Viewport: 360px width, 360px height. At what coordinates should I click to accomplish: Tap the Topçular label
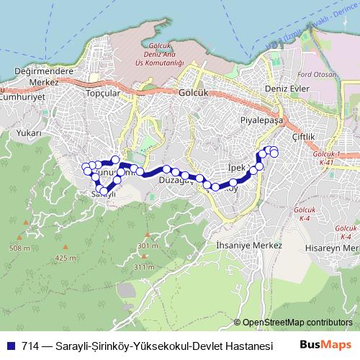tap(100, 94)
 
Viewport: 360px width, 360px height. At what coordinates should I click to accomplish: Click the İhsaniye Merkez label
tap(244, 246)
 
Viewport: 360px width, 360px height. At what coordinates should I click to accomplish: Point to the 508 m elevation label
tap(21, 248)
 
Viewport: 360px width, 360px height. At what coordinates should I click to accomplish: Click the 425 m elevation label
tap(65, 258)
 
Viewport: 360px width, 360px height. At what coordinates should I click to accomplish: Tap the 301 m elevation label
tap(147, 246)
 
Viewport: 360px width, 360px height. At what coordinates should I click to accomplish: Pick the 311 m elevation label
tap(144, 266)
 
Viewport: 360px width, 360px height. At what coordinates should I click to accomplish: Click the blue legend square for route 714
tap(12, 346)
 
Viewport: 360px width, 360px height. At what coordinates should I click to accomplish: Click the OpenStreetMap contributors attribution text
tap(297, 323)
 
